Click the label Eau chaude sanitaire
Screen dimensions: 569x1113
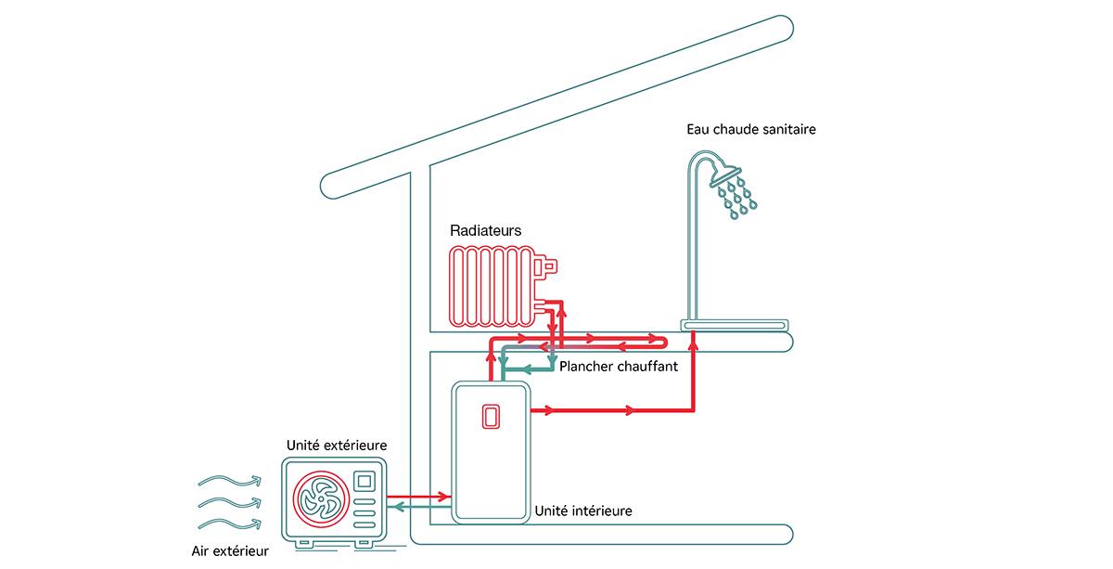pyautogui.click(x=751, y=130)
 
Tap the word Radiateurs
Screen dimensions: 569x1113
pyautogui.click(x=485, y=230)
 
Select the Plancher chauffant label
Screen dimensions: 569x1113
pyautogui.click(x=619, y=367)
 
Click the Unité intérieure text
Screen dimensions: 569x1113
pyautogui.click(x=583, y=511)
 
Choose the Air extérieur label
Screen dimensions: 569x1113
pyautogui.click(x=229, y=550)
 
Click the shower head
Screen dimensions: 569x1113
pyautogui.click(x=725, y=175)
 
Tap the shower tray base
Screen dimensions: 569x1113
pyautogui.click(x=735, y=325)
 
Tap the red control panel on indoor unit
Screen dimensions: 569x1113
pyautogui.click(x=489, y=418)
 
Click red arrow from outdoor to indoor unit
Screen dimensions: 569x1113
pyautogui.click(x=416, y=497)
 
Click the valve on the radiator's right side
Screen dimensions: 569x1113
pyautogui.click(x=548, y=267)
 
